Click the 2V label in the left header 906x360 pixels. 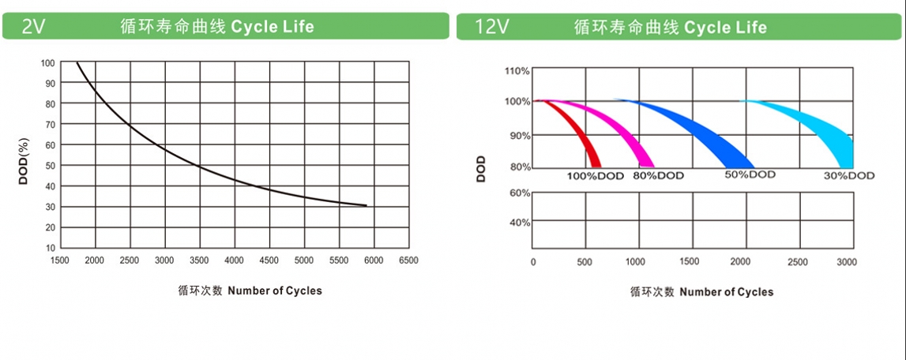pyautogui.click(x=34, y=26)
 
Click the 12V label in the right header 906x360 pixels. pyautogui.click(x=491, y=26)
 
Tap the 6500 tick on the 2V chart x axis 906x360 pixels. pyautogui.click(x=408, y=260)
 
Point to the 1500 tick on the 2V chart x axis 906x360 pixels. pyautogui.click(x=60, y=260)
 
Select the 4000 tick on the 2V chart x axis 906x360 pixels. pyautogui.click(x=234, y=260)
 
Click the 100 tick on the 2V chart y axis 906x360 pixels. pyautogui.click(x=47, y=62)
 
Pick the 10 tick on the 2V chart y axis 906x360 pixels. pyautogui.click(x=49, y=248)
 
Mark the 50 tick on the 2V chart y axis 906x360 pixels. pyautogui.click(x=49, y=166)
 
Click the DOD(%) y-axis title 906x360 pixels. pyautogui.click(x=24, y=161)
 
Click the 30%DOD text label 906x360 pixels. pyautogui.click(x=848, y=175)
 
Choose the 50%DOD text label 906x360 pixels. pyautogui.click(x=750, y=174)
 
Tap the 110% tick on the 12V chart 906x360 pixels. pyautogui.click(x=517, y=71)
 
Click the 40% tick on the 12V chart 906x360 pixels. pyautogui.click(x=518, y=223)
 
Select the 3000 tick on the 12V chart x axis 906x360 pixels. pyautogui.click(x=846, y=261)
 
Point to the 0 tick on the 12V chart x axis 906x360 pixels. pyautogui.click(x=533, y=261)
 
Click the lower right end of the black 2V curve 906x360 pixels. pyautogui.click(x=365, y=206)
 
